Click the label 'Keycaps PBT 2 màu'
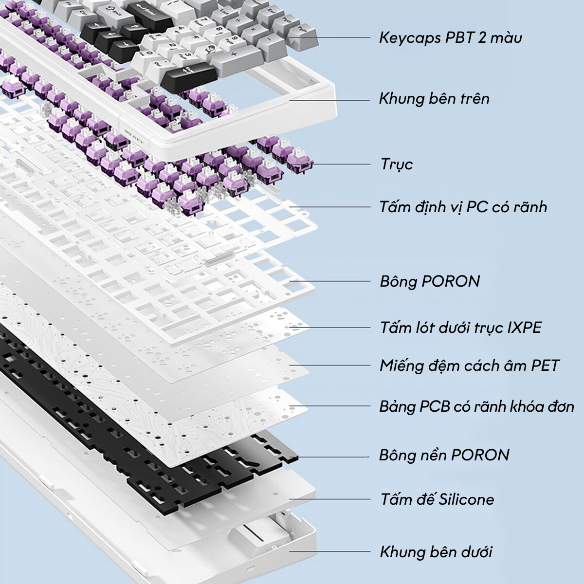point(450,37)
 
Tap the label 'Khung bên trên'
point(434,99)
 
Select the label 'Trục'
point(397,164)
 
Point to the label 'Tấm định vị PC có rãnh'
point(463,207)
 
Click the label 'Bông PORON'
point(430,281)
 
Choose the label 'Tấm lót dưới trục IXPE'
point(460,327)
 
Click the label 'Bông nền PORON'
point(444,456)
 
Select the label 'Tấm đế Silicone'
point(437,499)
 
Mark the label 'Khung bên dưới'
point(436,552)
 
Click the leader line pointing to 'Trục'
point(341,164)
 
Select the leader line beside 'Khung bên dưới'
point(331,552)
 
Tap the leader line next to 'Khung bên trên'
point(331,100)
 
